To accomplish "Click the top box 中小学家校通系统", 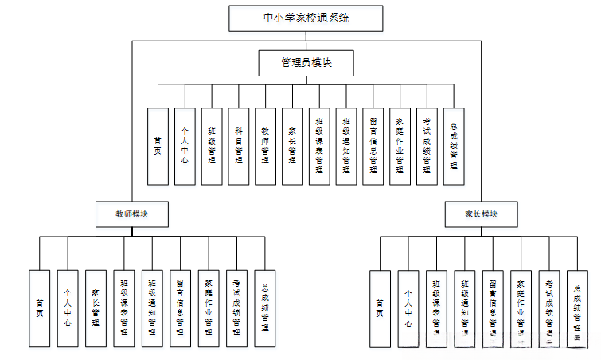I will coord(306,18).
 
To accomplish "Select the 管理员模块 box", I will coord(306,63).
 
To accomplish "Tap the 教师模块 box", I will coord(131,213).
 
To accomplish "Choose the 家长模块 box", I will coord(481,213).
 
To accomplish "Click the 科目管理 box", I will coord(239,146).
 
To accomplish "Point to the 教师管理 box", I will coord(266,146).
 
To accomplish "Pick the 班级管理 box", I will coord(212,146).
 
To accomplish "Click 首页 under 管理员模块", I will coord(158,146).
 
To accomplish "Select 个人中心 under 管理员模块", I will coord(185,146).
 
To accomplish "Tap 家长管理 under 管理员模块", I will coord(293,146).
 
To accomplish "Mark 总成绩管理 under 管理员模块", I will coord(454,146).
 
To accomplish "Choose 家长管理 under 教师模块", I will coord(96,308).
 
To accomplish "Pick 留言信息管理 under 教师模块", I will coord(181,308).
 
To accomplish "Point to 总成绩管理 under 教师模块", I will coord(265,308).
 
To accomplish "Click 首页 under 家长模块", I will coord(380,308).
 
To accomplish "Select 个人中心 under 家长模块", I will coord(408,308).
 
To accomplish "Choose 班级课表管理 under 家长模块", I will coord(436,308).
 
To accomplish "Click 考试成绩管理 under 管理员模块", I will coord(427,146).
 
